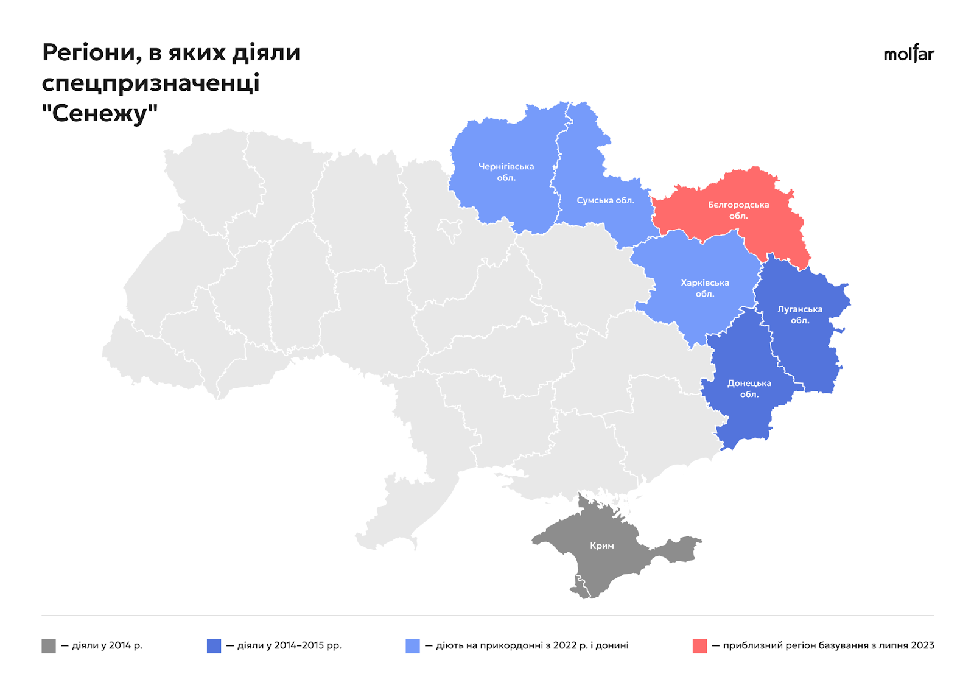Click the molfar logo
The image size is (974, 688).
(908, 54)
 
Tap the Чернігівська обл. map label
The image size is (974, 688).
(506, 172)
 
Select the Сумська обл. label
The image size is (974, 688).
(605, 200)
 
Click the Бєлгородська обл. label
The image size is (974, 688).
(738, 210)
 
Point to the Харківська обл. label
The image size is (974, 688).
(704, 288)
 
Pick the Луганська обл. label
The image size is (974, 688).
(799, 315)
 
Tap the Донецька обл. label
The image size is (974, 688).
(749, 388)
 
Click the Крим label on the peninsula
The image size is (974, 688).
(601, 546)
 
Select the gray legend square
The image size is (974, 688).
(49, 645)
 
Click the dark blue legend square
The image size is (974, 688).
(214, 645)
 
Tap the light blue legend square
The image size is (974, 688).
(412, 645)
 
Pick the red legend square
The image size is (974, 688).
(699, 645)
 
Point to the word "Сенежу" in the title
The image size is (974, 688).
(100, 113)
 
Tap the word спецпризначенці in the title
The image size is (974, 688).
(150, 83)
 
